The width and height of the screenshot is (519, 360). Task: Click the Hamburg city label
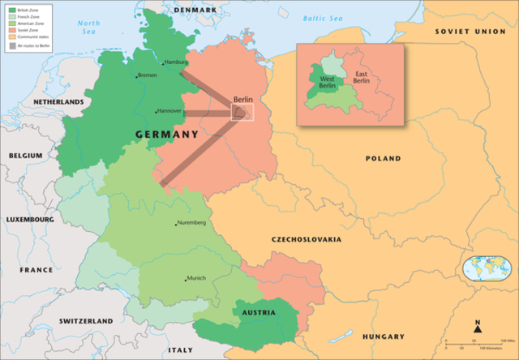pos(176,62)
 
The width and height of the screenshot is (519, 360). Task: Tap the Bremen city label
pos(148,75)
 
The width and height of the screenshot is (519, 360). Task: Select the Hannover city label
pos(170,111)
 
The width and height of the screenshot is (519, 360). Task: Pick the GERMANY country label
pos(162,134)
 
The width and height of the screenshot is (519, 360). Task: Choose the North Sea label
pos(89,28)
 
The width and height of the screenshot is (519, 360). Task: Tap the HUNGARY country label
pos(383,336)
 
